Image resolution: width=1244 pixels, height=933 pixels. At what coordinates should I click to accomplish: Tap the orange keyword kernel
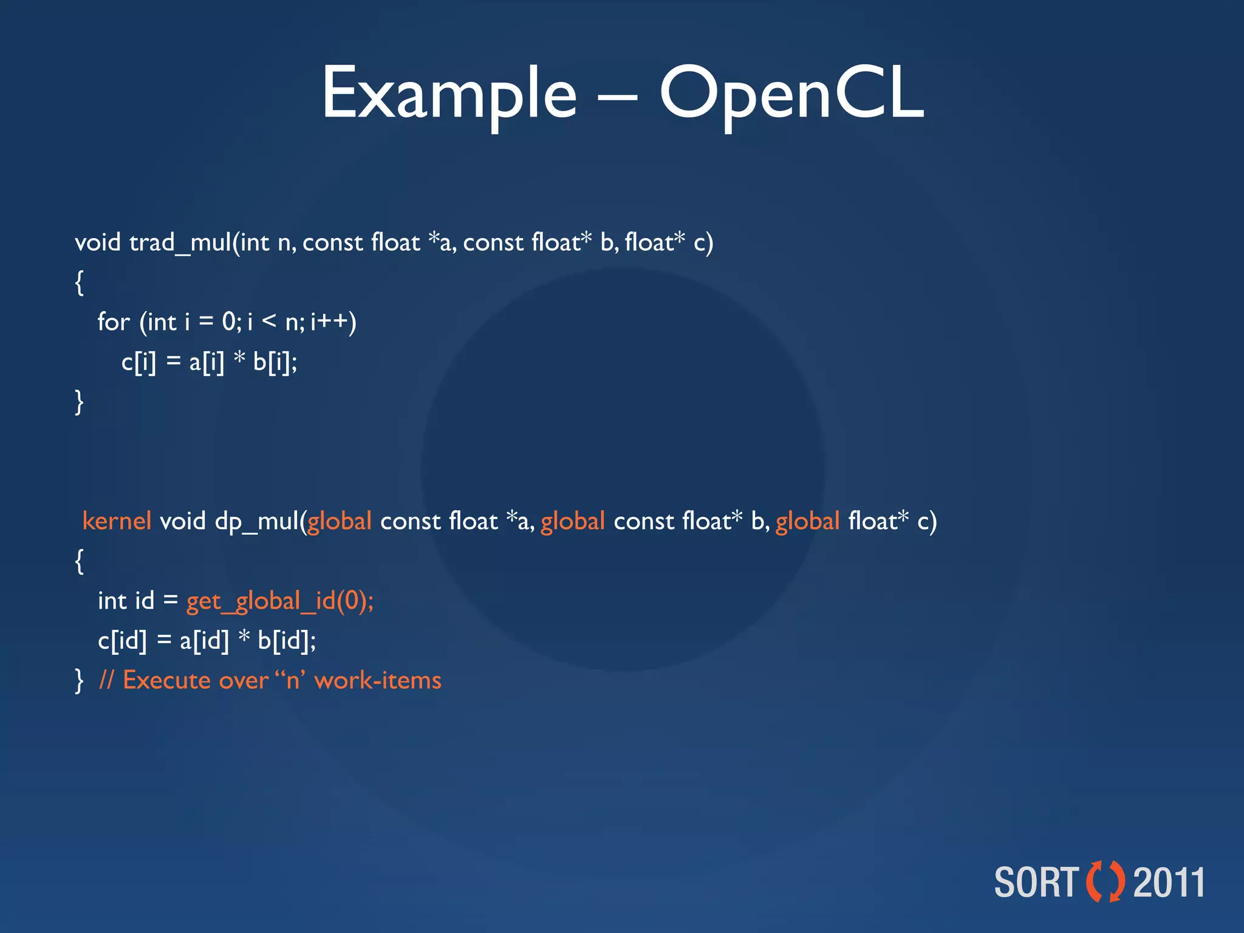click(x=116, y=521)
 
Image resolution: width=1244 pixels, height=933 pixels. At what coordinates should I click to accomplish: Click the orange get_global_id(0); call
click(x=279, y=601)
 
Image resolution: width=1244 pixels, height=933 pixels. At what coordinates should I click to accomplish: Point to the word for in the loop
click(x=114, y=322)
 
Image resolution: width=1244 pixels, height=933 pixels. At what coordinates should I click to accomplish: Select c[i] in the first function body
click(x=138, y=362)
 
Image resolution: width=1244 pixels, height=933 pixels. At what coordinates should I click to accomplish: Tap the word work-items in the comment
click(x=378, y=680)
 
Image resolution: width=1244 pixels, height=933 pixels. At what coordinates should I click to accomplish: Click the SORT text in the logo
click(x=1036, y=882)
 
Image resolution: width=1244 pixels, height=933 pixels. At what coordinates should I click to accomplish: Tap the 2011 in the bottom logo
click(x=1169, y=882)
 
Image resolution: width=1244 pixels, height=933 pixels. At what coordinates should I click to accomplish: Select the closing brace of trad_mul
click(x=79, y=402)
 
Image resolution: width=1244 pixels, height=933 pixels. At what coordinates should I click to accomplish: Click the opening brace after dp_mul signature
click(x=79, y=561)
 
